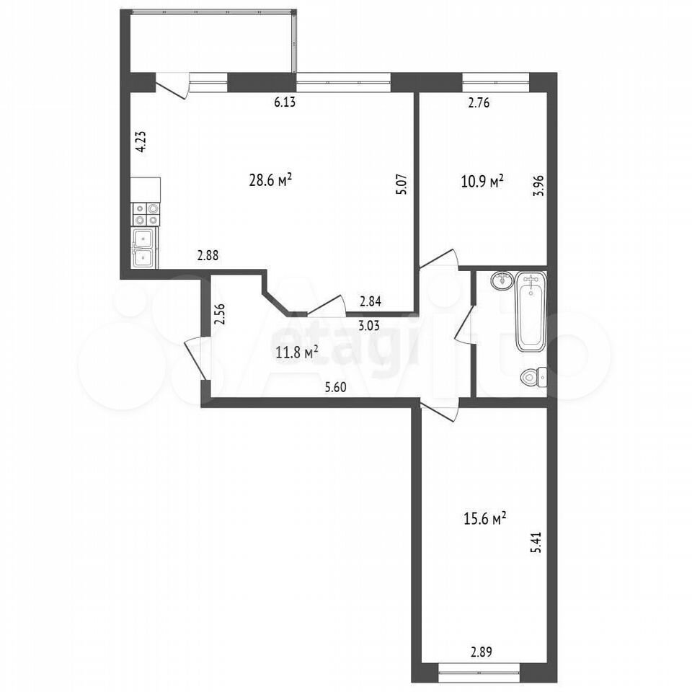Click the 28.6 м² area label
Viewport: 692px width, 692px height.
[x=271, y=180]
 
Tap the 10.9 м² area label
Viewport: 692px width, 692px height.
[x=482, y=181]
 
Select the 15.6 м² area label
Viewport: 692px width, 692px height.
[x=484, y=518]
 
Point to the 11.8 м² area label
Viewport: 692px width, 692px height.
[x=298, y=352]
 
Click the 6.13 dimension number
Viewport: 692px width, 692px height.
[x=285, y=103]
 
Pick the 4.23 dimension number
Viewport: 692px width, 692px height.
[x=142, y=142]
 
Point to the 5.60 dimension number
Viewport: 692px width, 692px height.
[x=335, y=388]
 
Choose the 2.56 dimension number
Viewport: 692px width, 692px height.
[x=219, y=314]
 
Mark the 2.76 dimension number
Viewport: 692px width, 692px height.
[x=479, y=103]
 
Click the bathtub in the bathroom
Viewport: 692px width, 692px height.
[x=531, y=312]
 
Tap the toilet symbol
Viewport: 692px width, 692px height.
[x=534, y=377]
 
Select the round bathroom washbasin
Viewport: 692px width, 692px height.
[x=502, y=280]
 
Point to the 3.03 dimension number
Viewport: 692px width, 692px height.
[x=369, y=326]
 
